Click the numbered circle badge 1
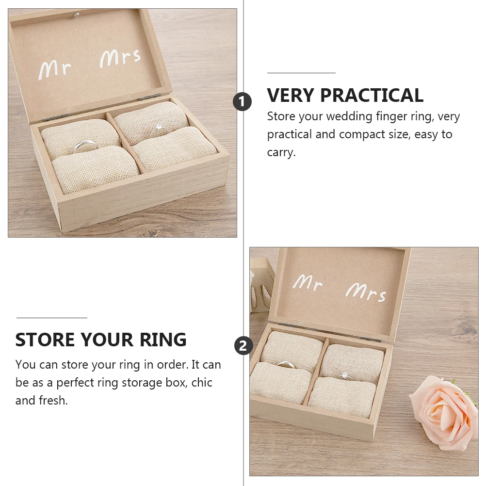click(243, 102)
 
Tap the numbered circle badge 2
click(243, 346)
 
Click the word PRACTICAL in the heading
click(372, 96)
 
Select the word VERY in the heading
click(290, 96)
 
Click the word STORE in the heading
click(45, 340)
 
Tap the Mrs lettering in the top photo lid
click(120, 58)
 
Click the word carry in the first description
click(280, 153)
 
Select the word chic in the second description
click(202, 383)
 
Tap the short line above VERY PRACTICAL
click(301, 73)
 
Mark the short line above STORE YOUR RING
click(51, 318)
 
